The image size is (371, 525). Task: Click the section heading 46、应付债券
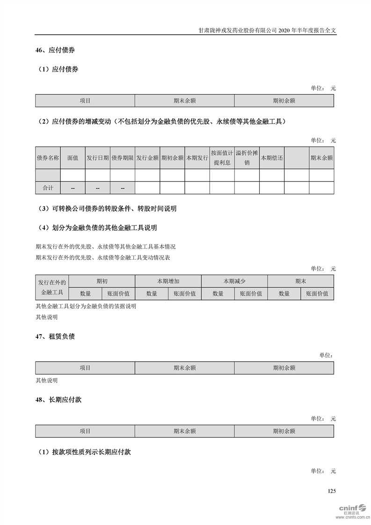pyautogui.click(x=55, y=50)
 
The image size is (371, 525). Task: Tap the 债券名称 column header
pyautogui.click(x=48, y=158)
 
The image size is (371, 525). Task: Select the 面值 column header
pyautogui.click(x=73, y=158)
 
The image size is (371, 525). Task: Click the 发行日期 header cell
pyautogui.click(x=97, y=158)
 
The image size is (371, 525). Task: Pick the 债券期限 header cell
pyautogui.click(x=122, y=158)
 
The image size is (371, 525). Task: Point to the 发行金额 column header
pyautogui.click(x=147, y=158)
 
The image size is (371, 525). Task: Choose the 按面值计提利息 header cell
pyautogui.click(x=222, y=158)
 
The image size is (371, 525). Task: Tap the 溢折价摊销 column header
pyautogui.click(x=247, y=158)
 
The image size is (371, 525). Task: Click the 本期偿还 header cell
pyautogui.click(x=271, y=158)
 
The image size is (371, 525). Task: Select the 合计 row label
pyautogui.click(x=48, y=188)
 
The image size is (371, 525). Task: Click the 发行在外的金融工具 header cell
pyautogui.click(x=52, y=287)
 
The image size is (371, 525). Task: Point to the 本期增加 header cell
pyautogui.click(x=168, y=281)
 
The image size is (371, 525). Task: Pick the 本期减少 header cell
pyautogui.click(x=234, y=281)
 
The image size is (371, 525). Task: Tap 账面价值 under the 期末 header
pyautogui.click(x=317, y=294)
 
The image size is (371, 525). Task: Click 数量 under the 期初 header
pyautogui.click(x=85, y=294)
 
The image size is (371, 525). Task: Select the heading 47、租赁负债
pyautogui.click(x=55, y=336)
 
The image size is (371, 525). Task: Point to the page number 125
pyautogui.click(x=331, y=491)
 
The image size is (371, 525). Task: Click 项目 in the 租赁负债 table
pyautogui.click(x=85, y=368)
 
